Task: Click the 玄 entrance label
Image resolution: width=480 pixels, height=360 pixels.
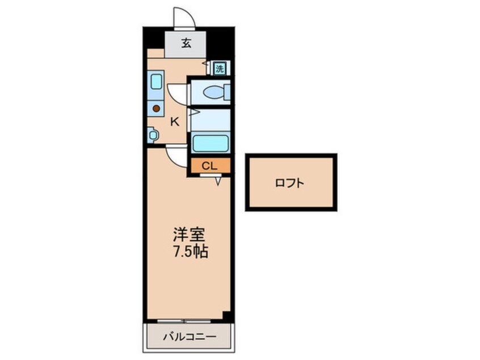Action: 187,43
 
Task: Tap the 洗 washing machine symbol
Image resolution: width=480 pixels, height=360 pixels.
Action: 220,69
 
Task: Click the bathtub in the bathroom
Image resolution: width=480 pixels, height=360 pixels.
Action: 210,144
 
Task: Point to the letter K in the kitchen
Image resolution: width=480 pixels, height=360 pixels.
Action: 175,122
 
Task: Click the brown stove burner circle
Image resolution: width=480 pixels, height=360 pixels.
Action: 156,108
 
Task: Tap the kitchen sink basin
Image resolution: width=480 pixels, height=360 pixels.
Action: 156,82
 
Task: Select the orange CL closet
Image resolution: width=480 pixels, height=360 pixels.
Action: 210,166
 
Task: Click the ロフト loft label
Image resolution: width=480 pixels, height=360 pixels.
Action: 289,183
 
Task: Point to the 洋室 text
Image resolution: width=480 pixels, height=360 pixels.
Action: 189,235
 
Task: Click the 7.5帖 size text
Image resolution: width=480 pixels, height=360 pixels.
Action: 191,252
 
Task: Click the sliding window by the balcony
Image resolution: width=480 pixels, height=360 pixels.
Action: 184,321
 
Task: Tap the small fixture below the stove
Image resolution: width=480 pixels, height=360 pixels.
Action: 153,135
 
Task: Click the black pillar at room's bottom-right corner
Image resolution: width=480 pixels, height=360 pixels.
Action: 227,316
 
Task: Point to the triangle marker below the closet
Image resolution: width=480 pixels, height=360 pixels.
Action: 218,181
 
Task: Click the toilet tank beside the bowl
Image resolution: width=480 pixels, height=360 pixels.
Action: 227,92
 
